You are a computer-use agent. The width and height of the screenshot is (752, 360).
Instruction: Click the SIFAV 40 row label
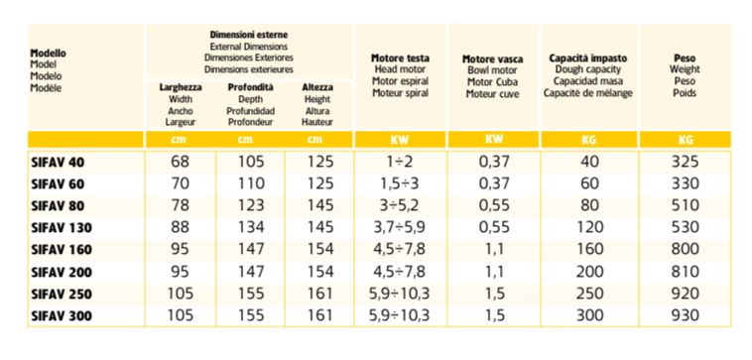click(58, 163)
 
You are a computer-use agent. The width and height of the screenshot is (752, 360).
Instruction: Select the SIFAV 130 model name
click(62, 228)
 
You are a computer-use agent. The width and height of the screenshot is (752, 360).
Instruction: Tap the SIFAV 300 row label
click(62, 316)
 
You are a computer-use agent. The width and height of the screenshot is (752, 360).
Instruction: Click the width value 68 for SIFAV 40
click(181, 162)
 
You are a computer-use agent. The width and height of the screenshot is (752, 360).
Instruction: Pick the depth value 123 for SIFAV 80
click(251, 205)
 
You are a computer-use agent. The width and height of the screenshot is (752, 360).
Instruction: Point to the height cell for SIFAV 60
click(319, 183)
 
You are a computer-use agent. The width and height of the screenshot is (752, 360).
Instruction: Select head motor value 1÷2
click(400, 162)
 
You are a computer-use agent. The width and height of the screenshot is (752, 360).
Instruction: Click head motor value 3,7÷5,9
click(400, 228)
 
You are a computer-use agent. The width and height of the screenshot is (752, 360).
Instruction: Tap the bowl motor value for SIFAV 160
click(492, 250)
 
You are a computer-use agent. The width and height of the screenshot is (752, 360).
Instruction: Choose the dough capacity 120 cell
click(590, 228)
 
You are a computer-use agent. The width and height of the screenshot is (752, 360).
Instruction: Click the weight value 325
click(685, 162)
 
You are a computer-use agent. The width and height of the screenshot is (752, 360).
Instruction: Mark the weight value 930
click(685, 315)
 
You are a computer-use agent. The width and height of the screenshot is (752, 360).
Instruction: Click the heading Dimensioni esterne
click(249, 35)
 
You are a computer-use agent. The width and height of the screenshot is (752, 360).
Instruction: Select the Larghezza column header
click(181, 87)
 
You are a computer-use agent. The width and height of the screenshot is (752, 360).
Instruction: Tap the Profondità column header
click(250, 87)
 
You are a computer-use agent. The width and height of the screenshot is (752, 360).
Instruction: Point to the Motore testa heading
click(401, 59)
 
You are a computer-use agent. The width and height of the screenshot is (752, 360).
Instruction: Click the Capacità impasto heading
click(588, 59)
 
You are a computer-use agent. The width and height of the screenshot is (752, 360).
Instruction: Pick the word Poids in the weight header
click(685, 93)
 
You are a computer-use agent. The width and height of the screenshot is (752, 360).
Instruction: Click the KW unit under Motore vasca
click(493, 140)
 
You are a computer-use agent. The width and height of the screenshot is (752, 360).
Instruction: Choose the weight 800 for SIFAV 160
click(685, 250)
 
